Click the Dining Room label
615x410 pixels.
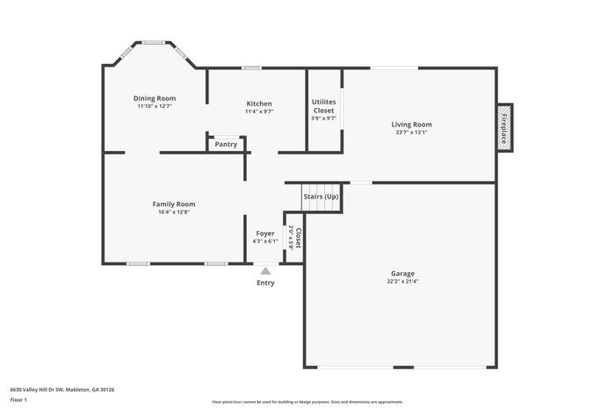coord(155,98)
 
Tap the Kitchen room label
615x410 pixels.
coord(258,104)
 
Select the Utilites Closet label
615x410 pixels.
coord(323,106)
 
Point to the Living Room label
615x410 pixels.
coord(411,125)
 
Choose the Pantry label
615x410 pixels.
coord(226,144)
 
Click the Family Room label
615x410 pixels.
coord(174,204)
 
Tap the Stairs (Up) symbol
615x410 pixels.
coord(321,198)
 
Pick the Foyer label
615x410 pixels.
coord(264,234)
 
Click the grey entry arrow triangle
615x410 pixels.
coord(265,272)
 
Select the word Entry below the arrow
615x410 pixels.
coord(265,283)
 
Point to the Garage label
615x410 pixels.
coord(402,274)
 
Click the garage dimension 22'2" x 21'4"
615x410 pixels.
coord(402,282)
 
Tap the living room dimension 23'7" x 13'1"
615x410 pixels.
coord(411,133)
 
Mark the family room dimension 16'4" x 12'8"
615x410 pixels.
coord(174,212)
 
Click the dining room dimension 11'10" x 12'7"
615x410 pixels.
coord(155,106)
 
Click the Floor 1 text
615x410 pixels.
coord(19,400)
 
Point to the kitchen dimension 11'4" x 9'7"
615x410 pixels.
coord(258,111)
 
